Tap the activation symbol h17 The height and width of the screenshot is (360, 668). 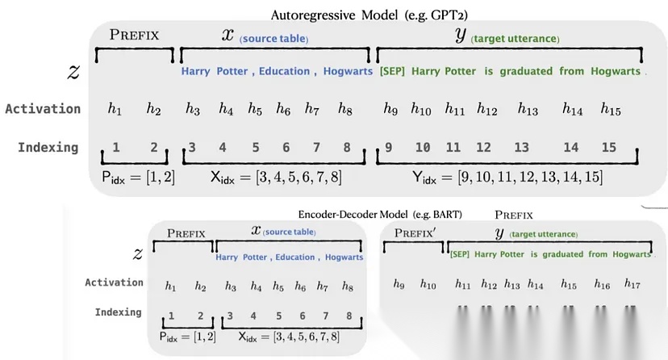point(632,284)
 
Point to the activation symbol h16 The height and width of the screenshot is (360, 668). point(602,284)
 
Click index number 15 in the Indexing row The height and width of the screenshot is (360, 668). point(609,147)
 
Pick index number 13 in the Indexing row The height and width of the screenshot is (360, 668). point(521,147)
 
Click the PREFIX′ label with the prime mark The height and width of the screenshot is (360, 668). point(416,232)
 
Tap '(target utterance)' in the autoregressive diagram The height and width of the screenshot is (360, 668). point(516,39)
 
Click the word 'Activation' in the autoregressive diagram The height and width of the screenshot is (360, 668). point(42,108)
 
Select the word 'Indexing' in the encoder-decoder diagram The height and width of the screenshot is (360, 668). point(118,312)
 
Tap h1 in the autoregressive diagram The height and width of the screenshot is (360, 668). point(115,108)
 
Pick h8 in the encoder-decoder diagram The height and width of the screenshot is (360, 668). point(347,285)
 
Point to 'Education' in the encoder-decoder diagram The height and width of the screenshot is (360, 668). point(294,257)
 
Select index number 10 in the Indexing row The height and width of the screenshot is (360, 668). point(422,147)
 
